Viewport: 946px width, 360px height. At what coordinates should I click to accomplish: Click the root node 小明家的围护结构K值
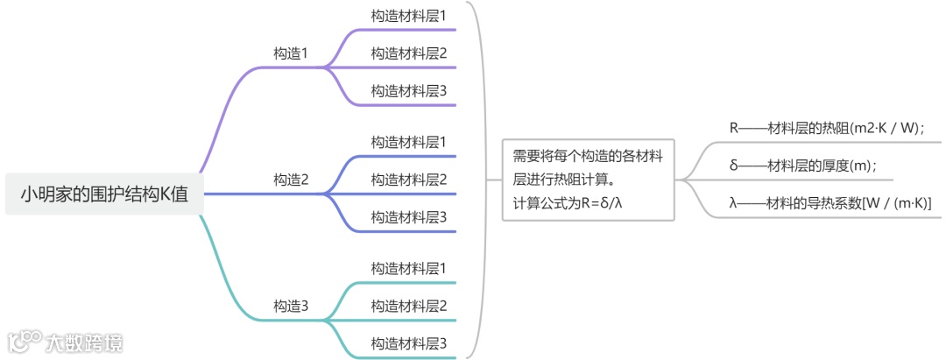[104, 194]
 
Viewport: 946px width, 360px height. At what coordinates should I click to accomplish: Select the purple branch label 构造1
[291, 53]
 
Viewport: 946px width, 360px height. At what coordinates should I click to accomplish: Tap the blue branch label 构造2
[291, 180]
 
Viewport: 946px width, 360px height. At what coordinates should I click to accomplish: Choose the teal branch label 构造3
[291, 306]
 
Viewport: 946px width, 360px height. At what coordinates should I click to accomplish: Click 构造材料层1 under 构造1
[409, 16]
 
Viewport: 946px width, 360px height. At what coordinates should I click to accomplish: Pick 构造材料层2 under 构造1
[409, 53]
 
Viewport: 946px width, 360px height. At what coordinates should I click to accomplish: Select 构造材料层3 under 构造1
[409, 90]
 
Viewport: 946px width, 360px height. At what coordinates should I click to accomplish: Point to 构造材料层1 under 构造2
[409, 142]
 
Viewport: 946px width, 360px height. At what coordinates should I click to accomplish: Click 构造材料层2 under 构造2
[409, 180]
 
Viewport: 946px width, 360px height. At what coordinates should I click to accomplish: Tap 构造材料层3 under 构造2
[409, 216]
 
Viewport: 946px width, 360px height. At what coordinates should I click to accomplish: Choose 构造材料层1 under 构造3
[409, 268]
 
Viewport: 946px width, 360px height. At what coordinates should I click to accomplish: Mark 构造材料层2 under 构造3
[409, 306]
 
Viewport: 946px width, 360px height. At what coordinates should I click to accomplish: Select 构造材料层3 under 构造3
[409, 342]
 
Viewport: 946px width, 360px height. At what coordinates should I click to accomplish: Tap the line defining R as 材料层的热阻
[827, 128]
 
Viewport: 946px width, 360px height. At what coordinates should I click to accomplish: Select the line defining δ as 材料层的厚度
[802, 166]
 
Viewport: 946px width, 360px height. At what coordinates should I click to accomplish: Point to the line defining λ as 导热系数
[830, 203]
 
